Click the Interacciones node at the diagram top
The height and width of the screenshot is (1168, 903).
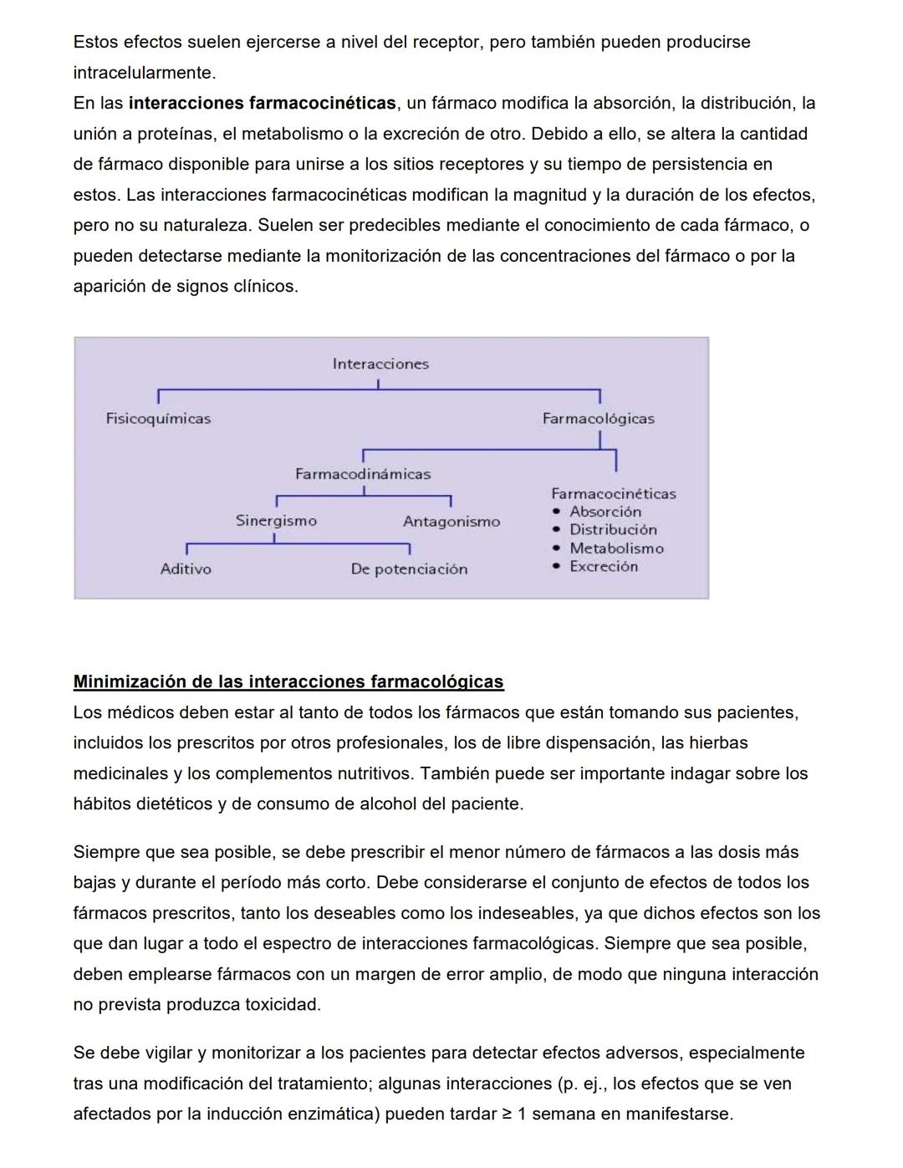coord(380,364)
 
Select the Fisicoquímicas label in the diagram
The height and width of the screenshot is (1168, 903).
coord(158,418)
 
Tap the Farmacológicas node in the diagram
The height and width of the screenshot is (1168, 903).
coord(598,418)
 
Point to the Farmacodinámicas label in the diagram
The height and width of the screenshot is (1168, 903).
coord(363,474)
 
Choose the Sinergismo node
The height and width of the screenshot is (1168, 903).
coord(276,521)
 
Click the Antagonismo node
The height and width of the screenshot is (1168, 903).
coord(451,522)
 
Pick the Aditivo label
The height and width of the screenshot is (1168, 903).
coord(186,569)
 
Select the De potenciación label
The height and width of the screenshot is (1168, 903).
coord(409,569)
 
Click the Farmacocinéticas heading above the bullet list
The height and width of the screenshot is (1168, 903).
coord(613,493)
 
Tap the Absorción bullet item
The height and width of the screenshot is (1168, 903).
coord(605,512)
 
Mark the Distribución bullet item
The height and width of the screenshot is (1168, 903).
coord(613,530)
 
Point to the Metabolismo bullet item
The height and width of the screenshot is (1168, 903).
coord(616,548)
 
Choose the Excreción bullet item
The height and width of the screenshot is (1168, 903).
coord(604,567)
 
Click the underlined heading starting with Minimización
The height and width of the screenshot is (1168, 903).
coord(288,681)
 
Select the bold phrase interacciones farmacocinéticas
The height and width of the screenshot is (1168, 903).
coord(262,103)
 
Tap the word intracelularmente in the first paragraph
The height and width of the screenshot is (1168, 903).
coord(143,73)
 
